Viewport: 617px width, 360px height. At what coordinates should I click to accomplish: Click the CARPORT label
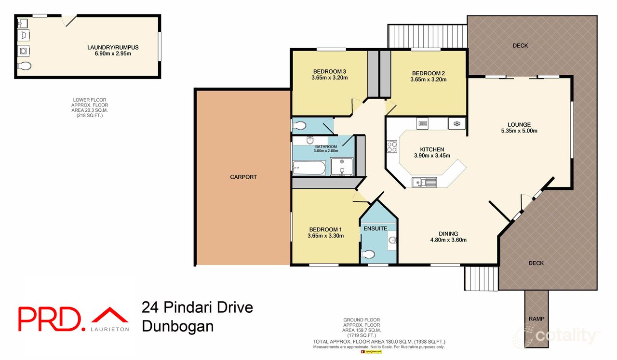243,177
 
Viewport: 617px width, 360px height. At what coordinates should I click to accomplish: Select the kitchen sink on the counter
424,182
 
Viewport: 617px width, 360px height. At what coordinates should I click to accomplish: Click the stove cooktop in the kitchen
391,146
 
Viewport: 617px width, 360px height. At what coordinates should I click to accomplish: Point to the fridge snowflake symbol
456,124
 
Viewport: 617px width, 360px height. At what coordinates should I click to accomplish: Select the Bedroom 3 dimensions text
330,78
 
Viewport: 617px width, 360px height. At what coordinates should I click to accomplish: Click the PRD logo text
48,319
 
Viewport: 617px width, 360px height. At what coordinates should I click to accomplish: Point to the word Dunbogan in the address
177,326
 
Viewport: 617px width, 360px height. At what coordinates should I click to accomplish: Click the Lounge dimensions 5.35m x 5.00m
519,131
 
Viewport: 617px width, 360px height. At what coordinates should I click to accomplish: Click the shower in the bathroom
342,167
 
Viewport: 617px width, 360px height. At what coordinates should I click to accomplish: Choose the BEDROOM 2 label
428,72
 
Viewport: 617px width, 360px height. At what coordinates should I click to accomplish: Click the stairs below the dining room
481,278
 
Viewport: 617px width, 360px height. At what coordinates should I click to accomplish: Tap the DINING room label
448,233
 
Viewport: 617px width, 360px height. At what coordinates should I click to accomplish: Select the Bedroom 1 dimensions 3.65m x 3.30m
325,236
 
